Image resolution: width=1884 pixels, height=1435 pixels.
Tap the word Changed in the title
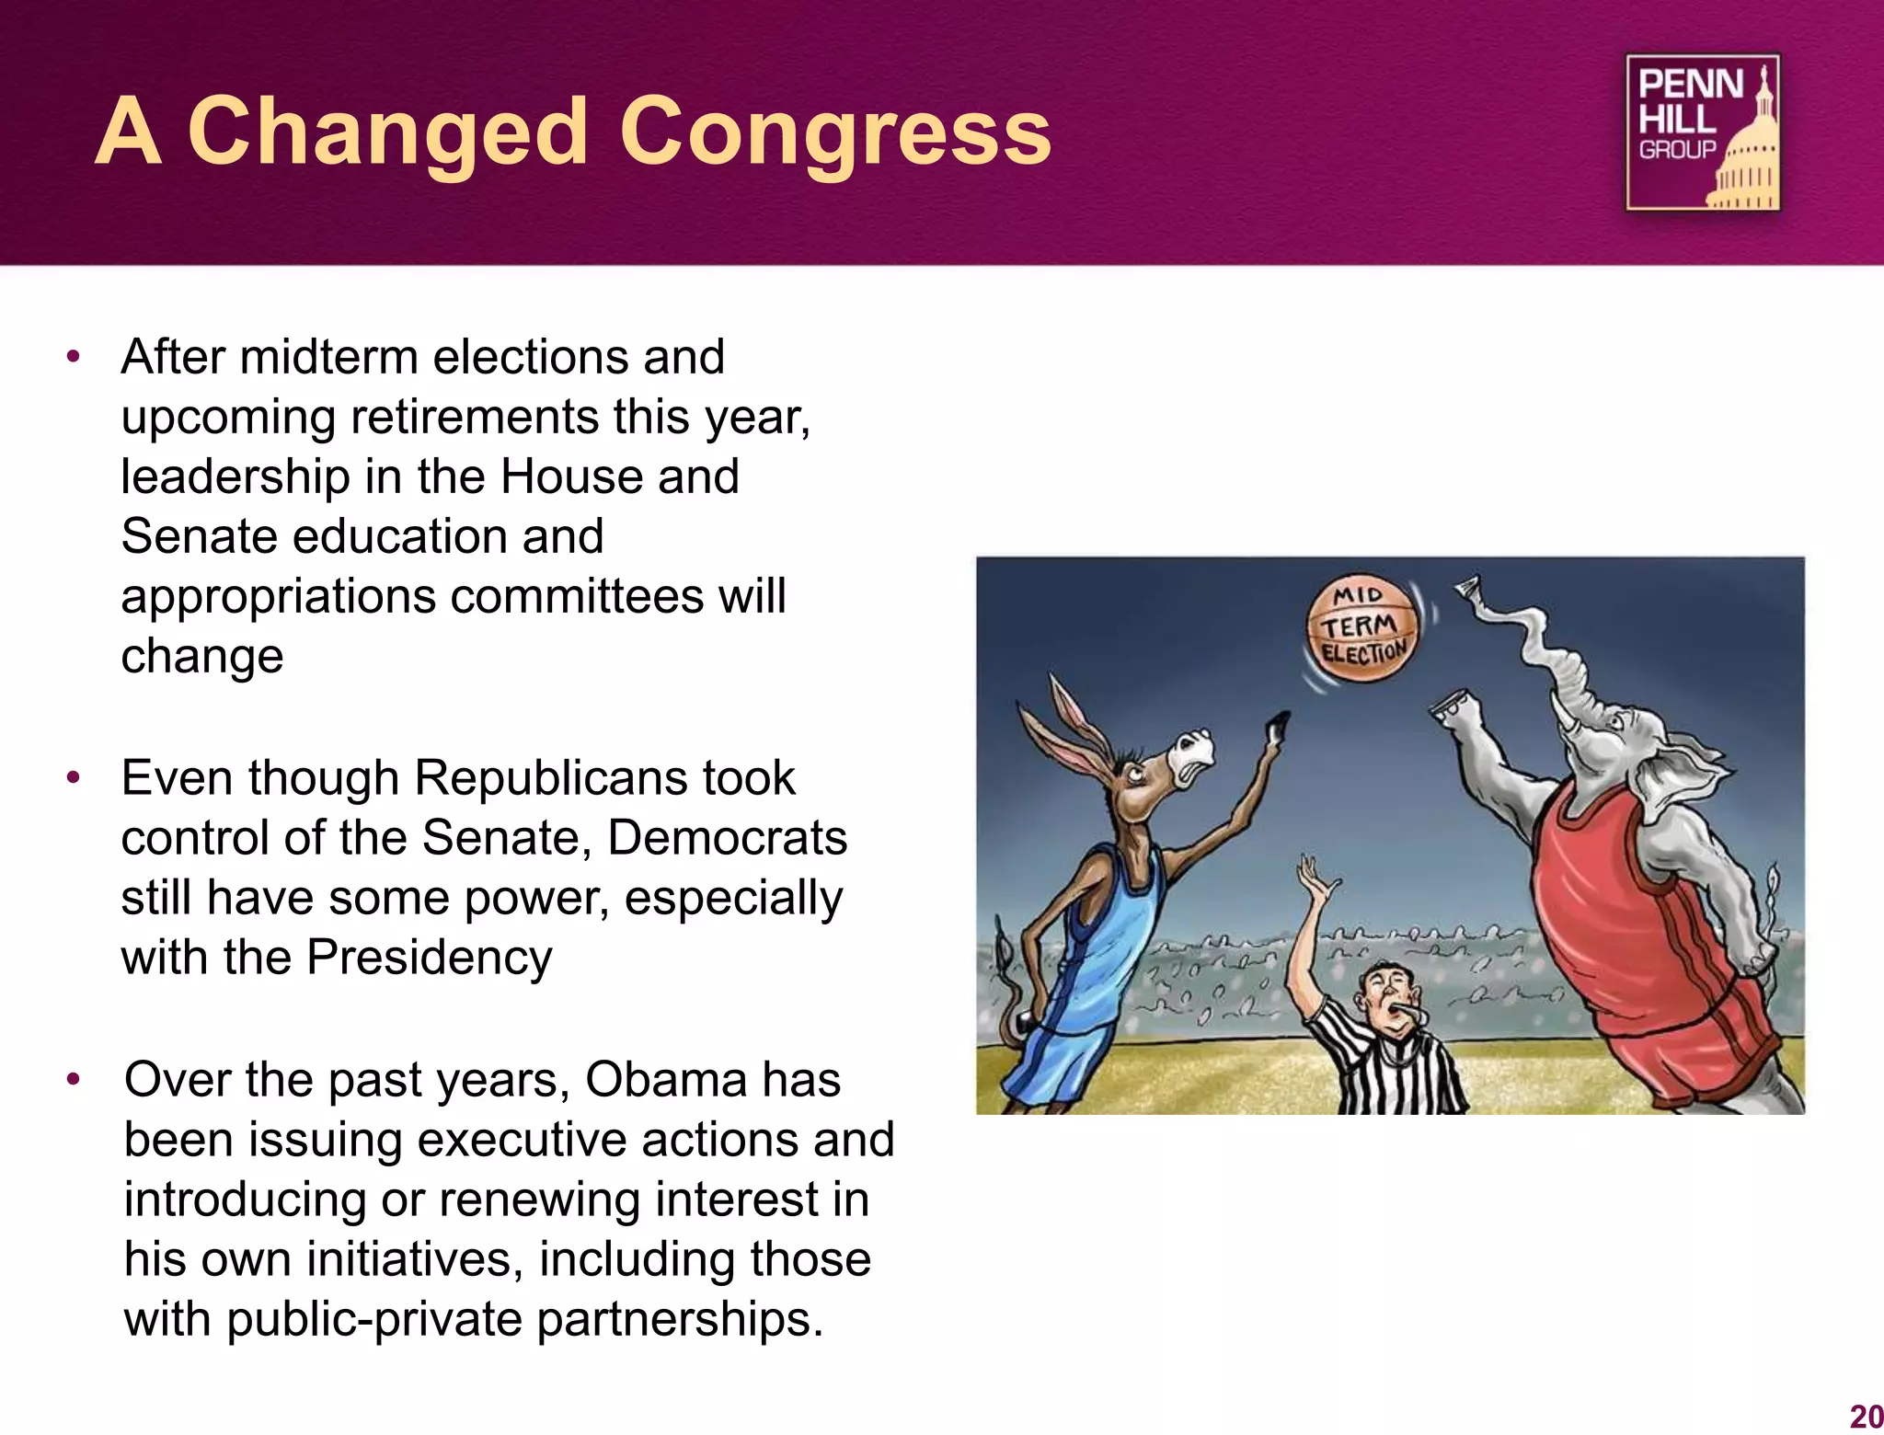(387, 133)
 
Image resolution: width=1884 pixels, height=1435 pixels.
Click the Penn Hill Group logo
(1703, 132)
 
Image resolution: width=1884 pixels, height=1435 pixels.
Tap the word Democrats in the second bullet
(727, 838)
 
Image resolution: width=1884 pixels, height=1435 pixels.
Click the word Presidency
(429, 958)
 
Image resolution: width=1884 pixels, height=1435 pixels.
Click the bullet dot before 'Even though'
(74, 779)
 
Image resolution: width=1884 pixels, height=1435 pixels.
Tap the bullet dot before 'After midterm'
(74, 357)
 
